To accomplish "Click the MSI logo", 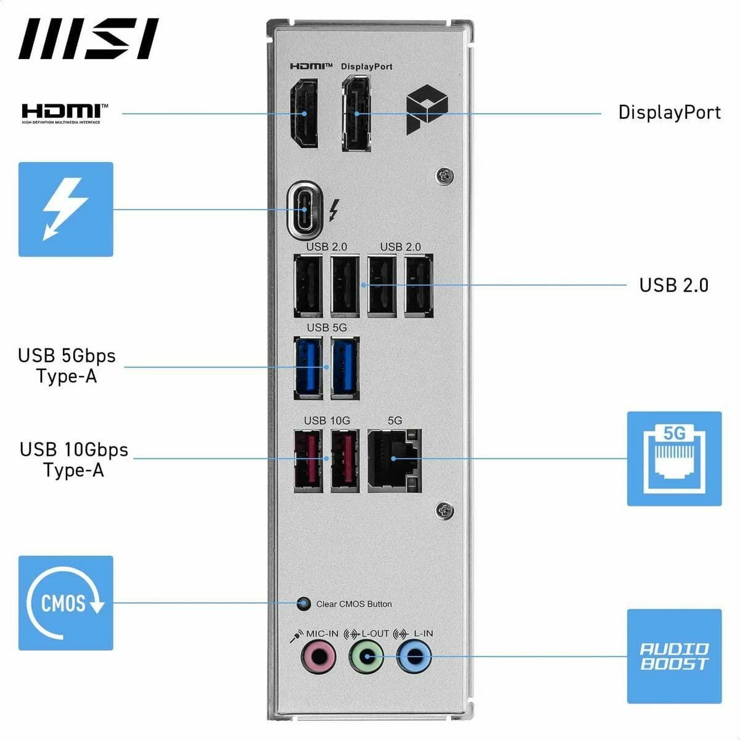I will pos(88,39).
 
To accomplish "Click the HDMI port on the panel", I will pos(305,113).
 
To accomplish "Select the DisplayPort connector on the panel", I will pos(356,113).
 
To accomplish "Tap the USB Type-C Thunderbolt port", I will pos(305,209).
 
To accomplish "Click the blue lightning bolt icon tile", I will pos(66,209).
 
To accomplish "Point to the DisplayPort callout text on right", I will pos(669,112).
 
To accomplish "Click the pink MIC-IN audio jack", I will pos(318,657).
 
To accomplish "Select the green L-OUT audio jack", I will pos(366,657).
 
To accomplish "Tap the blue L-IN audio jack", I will pos(414,657).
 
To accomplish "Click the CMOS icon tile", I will pos(66,603).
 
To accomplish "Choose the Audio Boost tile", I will pos(674,656).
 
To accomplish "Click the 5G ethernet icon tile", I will pos(674,459).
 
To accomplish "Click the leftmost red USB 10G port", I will pos(309,460).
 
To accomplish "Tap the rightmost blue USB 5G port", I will pos(345,368).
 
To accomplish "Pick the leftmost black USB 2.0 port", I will pos(308,286).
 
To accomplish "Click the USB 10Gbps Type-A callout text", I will pos(74,459).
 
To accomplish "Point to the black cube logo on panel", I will pos(425,110).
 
